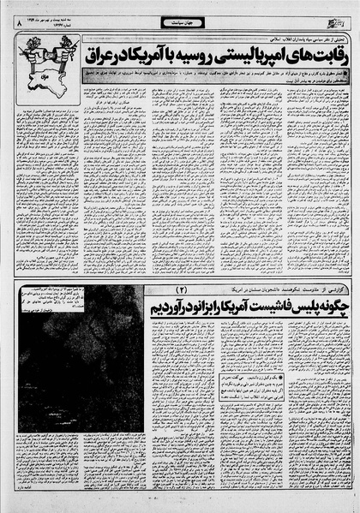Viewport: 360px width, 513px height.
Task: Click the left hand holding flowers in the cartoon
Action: coord(20,44)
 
